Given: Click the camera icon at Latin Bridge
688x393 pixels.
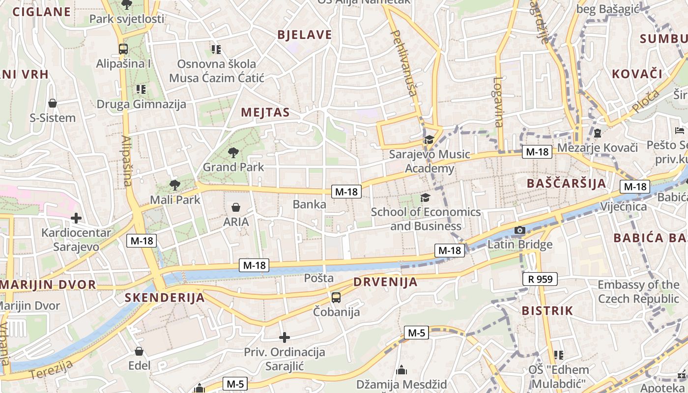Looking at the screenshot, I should [x=519, y=230].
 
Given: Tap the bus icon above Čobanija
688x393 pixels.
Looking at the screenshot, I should [x=336, y=297].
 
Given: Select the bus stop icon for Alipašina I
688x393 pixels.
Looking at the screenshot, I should [x=123, y=49].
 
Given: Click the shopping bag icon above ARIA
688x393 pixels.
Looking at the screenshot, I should [x=236, y=207].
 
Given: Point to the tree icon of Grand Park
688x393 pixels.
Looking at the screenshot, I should [x=233, y=152].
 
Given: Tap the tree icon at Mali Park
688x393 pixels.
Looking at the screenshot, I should [x=174, y=185].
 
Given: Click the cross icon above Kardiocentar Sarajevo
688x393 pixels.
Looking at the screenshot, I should [x=76, y=218].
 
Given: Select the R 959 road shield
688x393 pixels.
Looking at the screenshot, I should [x=540, y=280].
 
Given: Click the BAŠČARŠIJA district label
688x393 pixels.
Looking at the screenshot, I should [x=566, y=183].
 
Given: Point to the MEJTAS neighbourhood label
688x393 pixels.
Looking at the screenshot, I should [x=265, y=112].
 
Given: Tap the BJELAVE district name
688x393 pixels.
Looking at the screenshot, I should [x=305, y=35].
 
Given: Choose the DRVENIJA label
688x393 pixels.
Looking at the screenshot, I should [x=385, y=282].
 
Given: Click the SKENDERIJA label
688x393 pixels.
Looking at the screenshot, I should [x=165, y=297].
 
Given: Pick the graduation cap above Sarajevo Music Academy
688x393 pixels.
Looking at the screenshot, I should [x=429, y=140].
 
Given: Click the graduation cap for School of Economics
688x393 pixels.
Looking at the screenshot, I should [x=425, y=197].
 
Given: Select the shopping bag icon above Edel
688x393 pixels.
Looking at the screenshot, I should [x=139, y=351].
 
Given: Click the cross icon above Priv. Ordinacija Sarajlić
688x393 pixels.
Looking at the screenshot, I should [x=285, y=337].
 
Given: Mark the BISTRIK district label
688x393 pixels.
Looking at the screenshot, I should [x=547, y=310].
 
